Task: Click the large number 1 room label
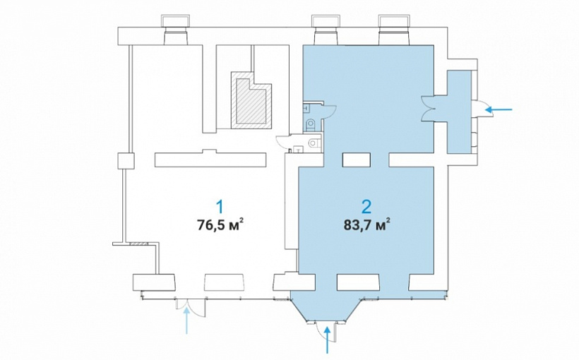(x=220, y=207)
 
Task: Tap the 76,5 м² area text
(x=220, y=224)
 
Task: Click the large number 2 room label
(x=366, y=207)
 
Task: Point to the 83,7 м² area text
(x=366, y=224)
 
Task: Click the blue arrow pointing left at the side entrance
(x=499, y=109)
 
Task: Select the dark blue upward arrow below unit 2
(x=326, y=340)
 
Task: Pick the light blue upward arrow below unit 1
(x=187, y=320)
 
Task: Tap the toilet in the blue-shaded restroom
(x=311, y=124)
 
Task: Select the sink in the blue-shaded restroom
(x=306, y=108)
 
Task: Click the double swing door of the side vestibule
(x=429, y=108)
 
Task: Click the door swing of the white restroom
(x=284, y=142)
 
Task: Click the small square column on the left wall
(x=125, y=161)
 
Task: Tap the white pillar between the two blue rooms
(x=357, y=160)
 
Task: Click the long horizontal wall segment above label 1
(x=210, y=159)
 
